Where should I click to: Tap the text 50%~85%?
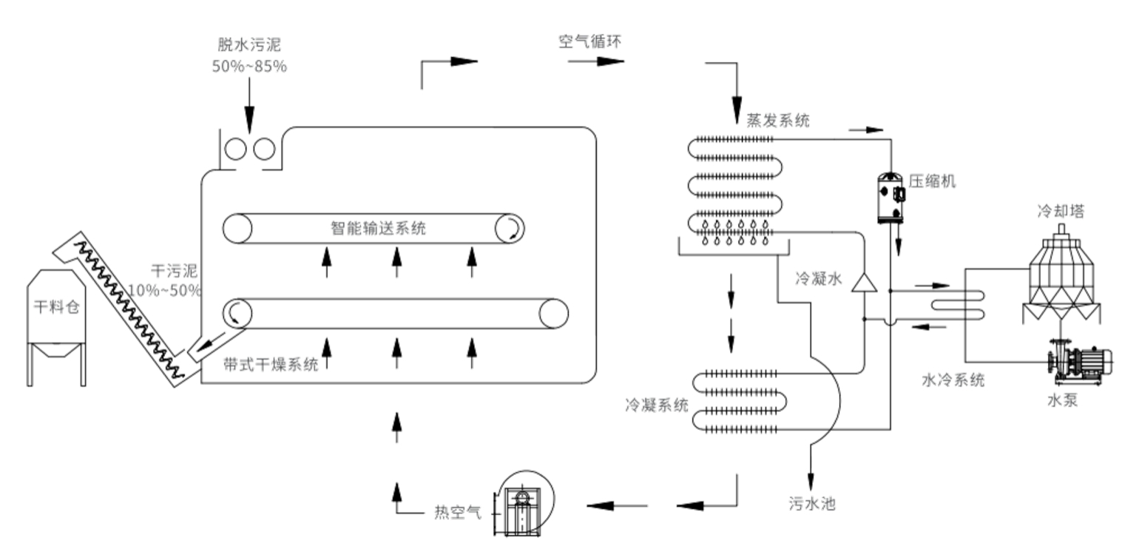pos(249,66)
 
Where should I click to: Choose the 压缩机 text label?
pos(932,181)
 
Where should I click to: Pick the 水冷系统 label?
pos(953,380)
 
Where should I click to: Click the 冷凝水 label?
pos(818,279)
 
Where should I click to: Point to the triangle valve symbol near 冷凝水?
pos(862,282)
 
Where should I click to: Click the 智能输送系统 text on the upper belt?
pos(377,228)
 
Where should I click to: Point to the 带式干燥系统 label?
pos(271,364)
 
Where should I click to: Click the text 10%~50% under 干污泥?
pos(164,289)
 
